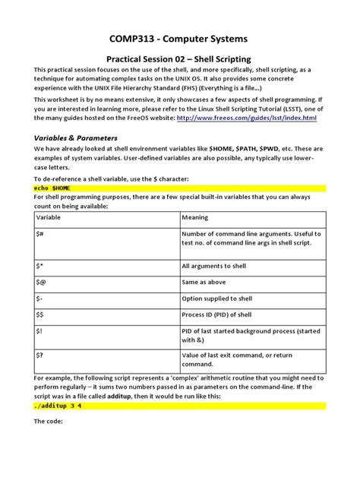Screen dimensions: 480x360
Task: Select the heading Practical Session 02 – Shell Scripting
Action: tap(180, 59)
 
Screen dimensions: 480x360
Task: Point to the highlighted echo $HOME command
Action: tap(53, 187)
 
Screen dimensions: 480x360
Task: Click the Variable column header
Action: tap(50, 217)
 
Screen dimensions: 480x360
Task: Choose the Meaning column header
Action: tap(196, 217)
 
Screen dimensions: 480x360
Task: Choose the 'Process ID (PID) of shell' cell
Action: tap(221, 314)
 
